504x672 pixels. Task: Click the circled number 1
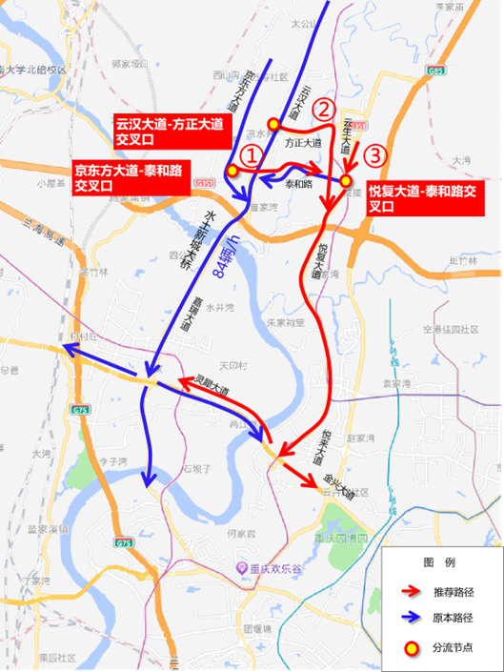(x=250, y=154)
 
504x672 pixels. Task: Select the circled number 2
(x=325, y=110)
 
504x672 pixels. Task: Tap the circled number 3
(x=376, y=153)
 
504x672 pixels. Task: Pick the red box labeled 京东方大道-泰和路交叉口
(x=132, y=178)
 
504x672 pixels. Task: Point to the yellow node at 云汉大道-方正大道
(x=273, y=123)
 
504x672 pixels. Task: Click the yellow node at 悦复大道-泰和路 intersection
(x=347, y=179)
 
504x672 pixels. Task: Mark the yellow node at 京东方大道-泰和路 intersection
(x=232, y=170)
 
